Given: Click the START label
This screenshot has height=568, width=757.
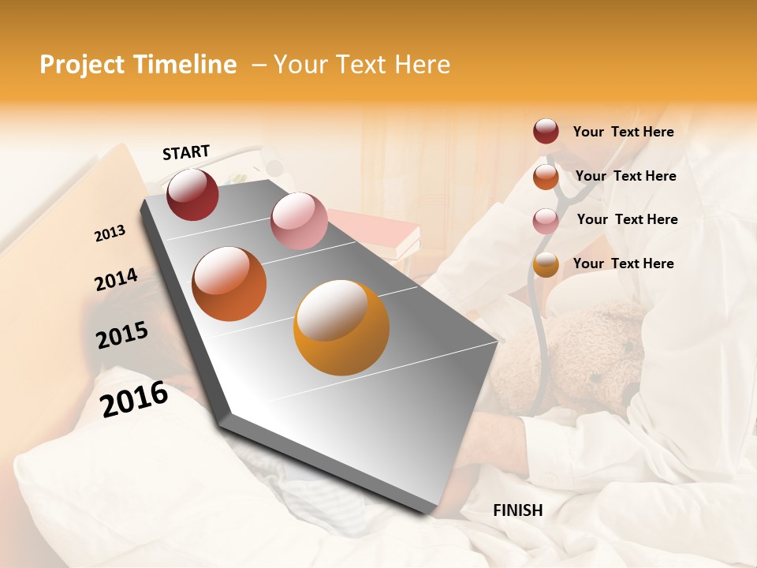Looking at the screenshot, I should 186,152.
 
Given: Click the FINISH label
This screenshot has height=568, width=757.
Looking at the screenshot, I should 517,510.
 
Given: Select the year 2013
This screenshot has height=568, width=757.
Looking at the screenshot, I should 110,234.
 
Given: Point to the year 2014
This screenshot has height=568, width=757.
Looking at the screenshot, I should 116,280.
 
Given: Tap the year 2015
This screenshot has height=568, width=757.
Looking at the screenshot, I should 122,335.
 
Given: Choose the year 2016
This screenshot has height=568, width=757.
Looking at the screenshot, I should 134,398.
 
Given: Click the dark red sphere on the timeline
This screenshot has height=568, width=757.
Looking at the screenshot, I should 192,194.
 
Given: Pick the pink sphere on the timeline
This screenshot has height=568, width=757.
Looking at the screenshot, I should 299,220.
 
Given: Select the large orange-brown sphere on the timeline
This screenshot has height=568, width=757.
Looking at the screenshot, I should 229,284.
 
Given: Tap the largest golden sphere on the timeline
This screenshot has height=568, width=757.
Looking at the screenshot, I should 341,327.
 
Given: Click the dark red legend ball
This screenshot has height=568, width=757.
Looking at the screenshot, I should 546,132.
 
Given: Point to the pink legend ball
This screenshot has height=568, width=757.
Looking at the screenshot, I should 546,220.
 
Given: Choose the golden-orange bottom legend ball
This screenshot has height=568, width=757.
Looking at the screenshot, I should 546,264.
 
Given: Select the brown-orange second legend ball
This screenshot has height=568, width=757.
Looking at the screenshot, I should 546,177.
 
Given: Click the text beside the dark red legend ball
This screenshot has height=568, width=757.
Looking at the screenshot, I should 623,132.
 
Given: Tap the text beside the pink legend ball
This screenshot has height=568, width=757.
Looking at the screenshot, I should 627,219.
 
